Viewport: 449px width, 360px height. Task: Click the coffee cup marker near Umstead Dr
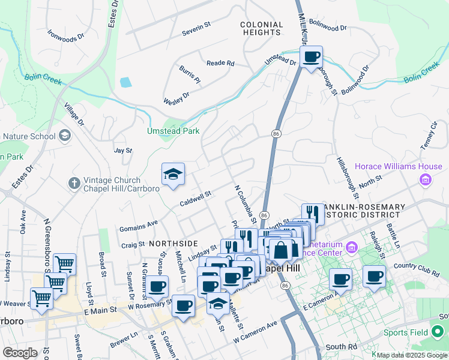click(312, 58)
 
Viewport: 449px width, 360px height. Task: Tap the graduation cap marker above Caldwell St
click(173, 175)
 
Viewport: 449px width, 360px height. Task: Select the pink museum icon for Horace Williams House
click(426, 179)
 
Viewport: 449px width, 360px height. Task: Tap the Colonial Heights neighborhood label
click(261, 28)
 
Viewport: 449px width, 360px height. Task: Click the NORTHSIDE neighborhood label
click(173, 243)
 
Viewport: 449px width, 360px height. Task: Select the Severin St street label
click(196, 26)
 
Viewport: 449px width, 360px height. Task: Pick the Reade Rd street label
click(220, 63)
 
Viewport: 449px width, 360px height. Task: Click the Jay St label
click(122, 151)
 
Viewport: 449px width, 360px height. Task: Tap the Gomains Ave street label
click(138, 226)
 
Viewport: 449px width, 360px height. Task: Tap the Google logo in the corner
click(20, 353)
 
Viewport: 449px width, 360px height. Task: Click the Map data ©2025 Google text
click(412, 355)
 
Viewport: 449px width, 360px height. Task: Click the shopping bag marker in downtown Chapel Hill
click(280, 249)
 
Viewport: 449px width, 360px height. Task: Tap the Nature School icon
click(64, 136)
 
